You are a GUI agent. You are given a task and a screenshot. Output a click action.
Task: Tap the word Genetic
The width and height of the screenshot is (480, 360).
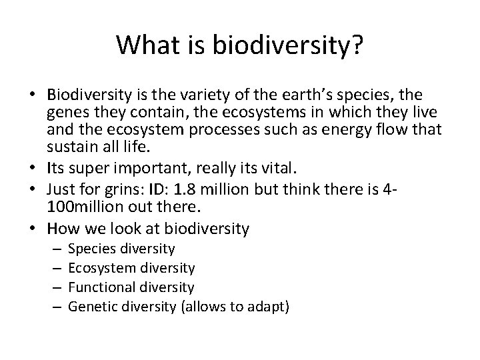click(93, 307)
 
